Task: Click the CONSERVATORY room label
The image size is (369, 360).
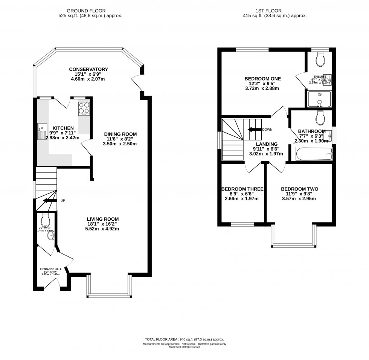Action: click(88, 69)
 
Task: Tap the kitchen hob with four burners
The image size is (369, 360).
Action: click(84, 108)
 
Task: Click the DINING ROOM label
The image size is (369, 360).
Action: click(120, 134)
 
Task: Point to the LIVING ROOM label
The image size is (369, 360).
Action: click(102, 219)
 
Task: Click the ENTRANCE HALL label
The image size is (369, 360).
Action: click(50, 269)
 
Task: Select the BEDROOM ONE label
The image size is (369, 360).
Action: click(262, 79)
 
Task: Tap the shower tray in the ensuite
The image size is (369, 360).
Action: click(319, 99)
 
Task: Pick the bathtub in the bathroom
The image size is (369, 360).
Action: click(314, 154)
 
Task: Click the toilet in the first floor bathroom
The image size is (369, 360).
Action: click(320, 117)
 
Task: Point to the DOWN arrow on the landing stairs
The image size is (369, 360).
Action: click(253, 130)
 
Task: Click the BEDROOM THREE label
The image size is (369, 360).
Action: click(242, 189)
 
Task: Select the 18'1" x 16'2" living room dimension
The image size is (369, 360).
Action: click(102, 224)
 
